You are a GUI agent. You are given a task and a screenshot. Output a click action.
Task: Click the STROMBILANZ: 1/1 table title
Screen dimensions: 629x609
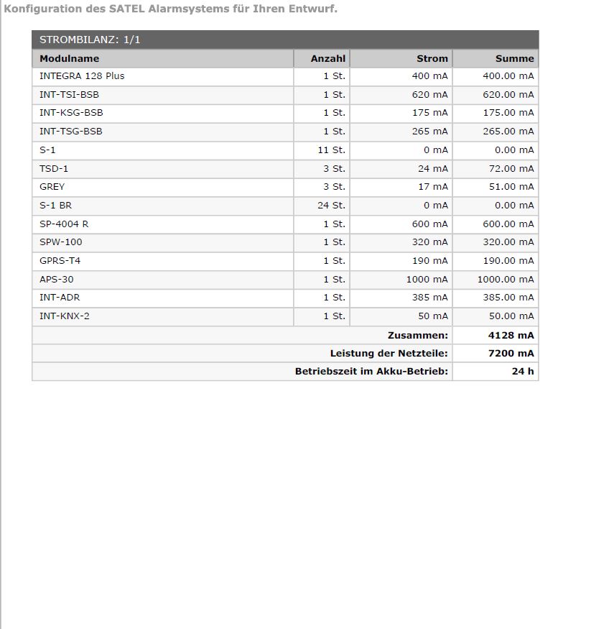[x=90, y=40]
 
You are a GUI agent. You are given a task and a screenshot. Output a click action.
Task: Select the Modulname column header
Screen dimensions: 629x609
[x=69, y=58]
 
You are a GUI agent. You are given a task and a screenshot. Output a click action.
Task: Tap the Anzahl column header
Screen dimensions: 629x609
[x=327, y=58]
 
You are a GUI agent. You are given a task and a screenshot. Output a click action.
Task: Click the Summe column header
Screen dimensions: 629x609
[x=514, y=58]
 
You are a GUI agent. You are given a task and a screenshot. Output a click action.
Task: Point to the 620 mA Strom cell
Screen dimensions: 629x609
[x=429, y=94]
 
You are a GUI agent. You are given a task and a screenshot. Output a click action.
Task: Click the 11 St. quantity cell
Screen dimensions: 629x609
[x=331, y=150]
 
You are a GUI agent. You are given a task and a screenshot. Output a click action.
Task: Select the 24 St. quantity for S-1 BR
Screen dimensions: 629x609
[x=331, y=205]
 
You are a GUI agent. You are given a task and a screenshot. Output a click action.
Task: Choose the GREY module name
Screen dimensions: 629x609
[x=52, y=186]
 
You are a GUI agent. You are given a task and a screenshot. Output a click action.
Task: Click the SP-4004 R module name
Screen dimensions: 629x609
[x=64, y=224]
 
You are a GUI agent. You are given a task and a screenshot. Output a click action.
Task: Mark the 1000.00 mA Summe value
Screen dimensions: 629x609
[x=505, y=279]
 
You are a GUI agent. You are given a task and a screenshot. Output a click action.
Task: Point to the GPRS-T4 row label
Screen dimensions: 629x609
[x=60, y=260]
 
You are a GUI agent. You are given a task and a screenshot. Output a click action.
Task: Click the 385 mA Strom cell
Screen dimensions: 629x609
[x=429, y=297]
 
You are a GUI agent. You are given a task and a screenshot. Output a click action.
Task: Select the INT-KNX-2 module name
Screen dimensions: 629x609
[x=65, y=316]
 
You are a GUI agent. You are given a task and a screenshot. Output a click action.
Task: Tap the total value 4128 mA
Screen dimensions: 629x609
[x=511, y=335]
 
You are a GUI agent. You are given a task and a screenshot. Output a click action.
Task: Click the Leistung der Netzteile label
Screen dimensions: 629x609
[x=389, y=353]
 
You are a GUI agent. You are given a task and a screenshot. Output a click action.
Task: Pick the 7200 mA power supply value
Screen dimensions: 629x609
[x=511, y=353]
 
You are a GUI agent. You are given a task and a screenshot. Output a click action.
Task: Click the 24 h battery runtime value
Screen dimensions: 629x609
[x=523, y=371]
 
